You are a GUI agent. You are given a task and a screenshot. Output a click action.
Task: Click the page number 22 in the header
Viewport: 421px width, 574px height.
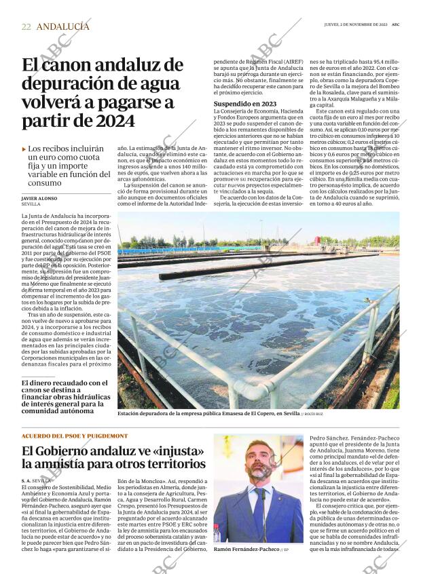tap(26, 26)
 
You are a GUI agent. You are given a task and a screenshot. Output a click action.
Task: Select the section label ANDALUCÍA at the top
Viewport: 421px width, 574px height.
tap(62, 26)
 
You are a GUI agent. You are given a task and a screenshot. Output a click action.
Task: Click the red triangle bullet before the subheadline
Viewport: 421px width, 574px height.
tap(24, 149)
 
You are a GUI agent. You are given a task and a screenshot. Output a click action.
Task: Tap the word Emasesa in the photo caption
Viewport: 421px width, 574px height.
tap(225, 413)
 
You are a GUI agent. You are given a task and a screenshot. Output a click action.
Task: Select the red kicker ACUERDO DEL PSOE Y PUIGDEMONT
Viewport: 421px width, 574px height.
tap(74, 436)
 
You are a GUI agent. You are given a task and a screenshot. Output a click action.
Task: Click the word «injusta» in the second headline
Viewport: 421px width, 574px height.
tap(172, 451)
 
